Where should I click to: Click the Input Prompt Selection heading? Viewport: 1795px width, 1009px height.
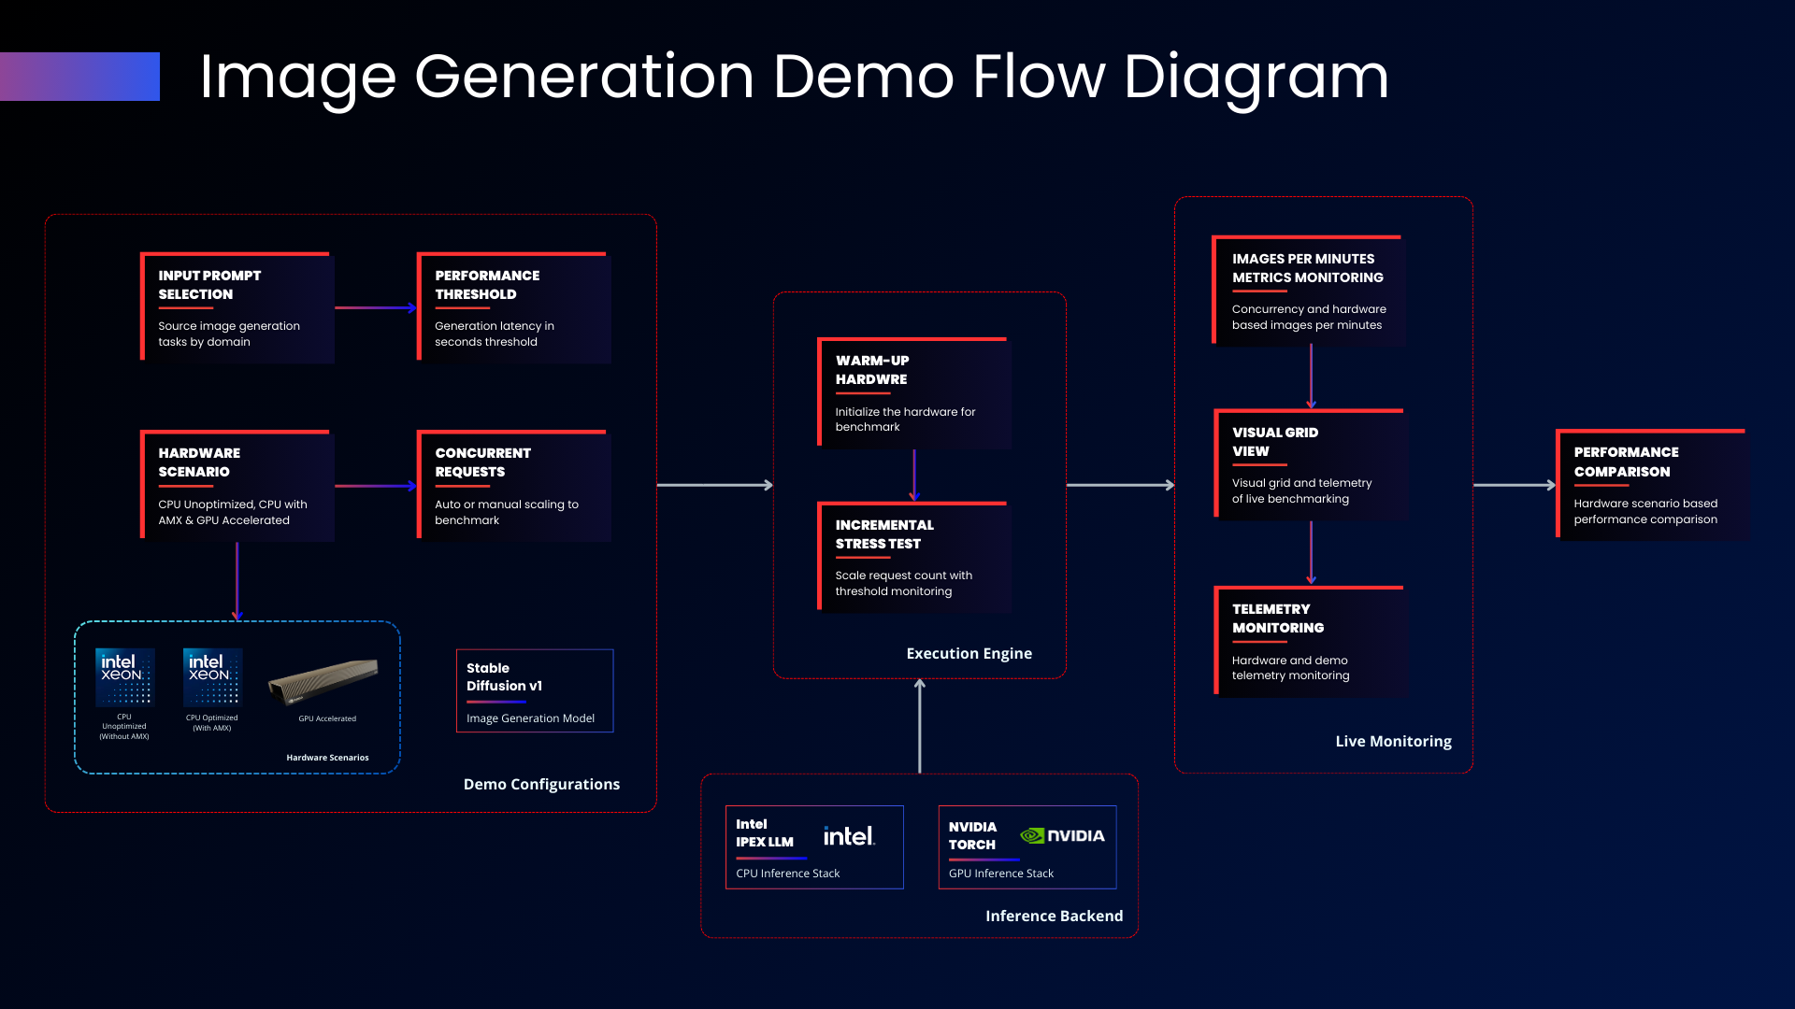[209, 285]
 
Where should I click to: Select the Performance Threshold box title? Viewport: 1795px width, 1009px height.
[487, 285]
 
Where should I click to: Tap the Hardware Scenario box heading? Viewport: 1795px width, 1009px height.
[199, 462]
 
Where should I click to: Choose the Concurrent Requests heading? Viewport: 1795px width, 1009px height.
[482, 462]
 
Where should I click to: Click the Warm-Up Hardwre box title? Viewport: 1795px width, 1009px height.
[872, 370]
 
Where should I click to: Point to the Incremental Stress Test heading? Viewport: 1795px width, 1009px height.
[884, 534]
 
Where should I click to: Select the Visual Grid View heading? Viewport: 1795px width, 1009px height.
[1275, 442]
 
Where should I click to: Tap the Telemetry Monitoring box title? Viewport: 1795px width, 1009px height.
[1278, 618]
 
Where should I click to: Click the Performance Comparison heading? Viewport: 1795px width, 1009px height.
[1626, 462]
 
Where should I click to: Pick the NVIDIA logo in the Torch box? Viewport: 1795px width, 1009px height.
[1062, 835]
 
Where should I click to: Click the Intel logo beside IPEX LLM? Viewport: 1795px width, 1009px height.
[849, 835]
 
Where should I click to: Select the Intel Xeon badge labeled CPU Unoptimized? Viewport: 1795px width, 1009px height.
[124, 676]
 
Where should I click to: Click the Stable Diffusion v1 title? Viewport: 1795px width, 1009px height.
[504, 676]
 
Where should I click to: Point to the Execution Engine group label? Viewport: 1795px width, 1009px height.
[969, 654]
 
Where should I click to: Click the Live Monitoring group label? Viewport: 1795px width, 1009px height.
[1393, 741]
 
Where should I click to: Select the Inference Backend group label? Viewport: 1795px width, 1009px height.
[1055, 917]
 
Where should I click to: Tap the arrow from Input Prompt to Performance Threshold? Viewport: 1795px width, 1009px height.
[376, 307]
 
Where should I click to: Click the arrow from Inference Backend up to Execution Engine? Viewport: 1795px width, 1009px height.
[920, 726]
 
